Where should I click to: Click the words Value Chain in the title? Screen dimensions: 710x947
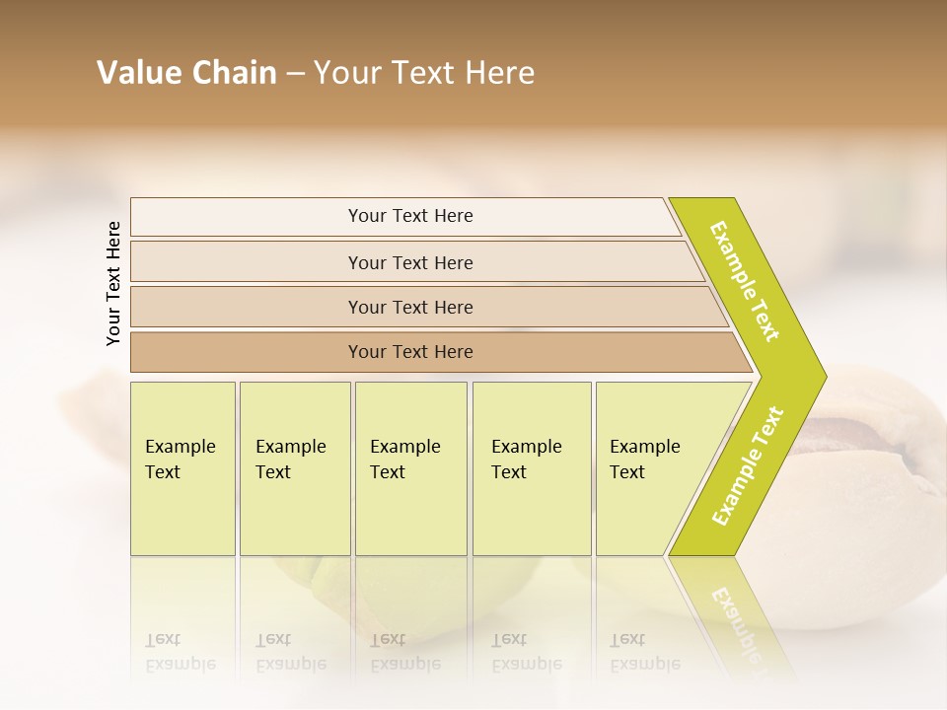coord(186,73)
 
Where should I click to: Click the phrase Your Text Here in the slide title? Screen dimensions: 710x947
coord(424,73)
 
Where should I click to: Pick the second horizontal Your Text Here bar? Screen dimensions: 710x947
coord(410,262)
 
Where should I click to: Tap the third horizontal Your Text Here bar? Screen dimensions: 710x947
coord(410,307)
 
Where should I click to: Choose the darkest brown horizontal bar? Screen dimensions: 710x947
coord(410,352)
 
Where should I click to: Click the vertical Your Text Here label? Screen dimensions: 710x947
coord(113,284)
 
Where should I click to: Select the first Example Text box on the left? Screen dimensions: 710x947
coord(182,468)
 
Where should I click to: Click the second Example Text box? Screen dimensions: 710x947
coord(294,468)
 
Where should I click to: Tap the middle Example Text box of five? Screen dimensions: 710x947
coord(410,468)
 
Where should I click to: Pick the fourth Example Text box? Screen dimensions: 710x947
coord(531,468)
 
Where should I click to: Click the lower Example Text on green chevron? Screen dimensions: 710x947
coord(748,465)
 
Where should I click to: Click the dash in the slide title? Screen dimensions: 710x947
coord(295,74)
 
